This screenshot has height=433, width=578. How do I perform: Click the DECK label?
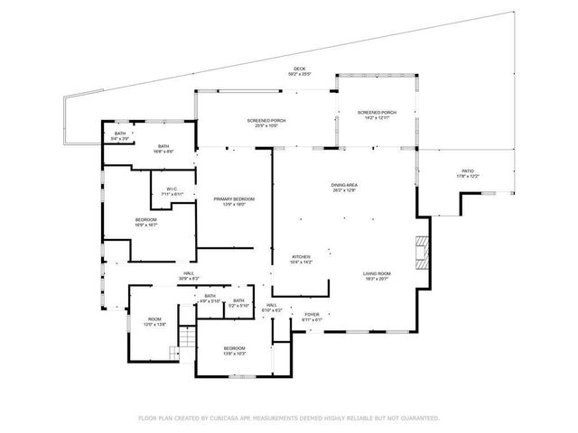(x=298, y=69)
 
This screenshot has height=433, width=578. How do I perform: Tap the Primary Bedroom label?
(x=234, y=199)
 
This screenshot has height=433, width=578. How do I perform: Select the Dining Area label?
(x=345, y=185)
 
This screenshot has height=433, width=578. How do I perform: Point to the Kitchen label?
(x=301, y=257)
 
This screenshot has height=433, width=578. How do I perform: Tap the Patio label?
(x=468, y=171)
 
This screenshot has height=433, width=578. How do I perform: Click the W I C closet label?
(x=171, y=189)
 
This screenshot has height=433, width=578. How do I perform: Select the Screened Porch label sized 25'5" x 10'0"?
(x=266, y=121)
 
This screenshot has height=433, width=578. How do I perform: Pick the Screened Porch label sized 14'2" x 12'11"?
(x=378, y=113)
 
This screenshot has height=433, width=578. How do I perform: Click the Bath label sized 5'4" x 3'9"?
(x=120, y=135)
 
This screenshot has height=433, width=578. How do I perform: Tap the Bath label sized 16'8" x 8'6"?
(x=163, y=147)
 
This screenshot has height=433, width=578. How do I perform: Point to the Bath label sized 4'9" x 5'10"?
(x=210, y=297)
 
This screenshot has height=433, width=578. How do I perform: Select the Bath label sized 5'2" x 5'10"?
(x=238, y=302)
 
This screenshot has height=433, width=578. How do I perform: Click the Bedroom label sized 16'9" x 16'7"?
(x=146, y=221)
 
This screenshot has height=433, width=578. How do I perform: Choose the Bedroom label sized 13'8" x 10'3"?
(x=234, y=349)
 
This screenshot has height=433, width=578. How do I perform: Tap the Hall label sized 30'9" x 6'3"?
(x=189, y=274)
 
